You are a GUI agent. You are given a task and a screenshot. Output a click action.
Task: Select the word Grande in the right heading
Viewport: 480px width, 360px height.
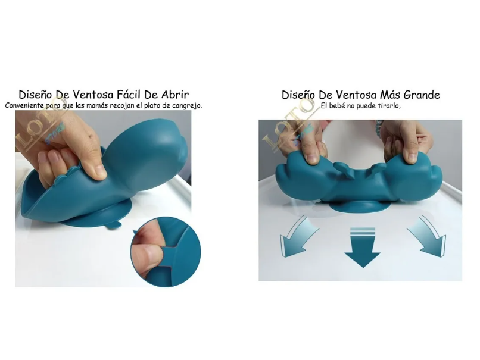[x=422, y=95]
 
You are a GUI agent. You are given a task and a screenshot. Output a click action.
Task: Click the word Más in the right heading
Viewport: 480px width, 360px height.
[x=389, y=95]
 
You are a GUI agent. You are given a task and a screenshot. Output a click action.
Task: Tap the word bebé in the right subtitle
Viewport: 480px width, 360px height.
[x=336, y=106]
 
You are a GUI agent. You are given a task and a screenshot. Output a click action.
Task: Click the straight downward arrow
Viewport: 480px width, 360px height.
[x=363, y=247]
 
